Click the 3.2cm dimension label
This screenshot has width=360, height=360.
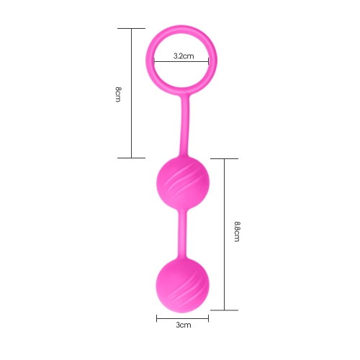[x=184, y=56]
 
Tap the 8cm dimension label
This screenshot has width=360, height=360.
[x=118, y=94]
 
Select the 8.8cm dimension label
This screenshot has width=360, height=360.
[x=237, y=231]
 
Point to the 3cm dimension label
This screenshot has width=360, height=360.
[x=184, y=325]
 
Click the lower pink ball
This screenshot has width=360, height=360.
[x=183, y=286]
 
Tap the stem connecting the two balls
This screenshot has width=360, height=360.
[x=182, y=235]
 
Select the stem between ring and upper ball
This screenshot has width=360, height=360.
[x=184, y=125]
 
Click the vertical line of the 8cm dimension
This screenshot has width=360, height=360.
[x=132, y=93]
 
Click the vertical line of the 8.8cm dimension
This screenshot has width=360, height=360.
[x=225, y=235]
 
